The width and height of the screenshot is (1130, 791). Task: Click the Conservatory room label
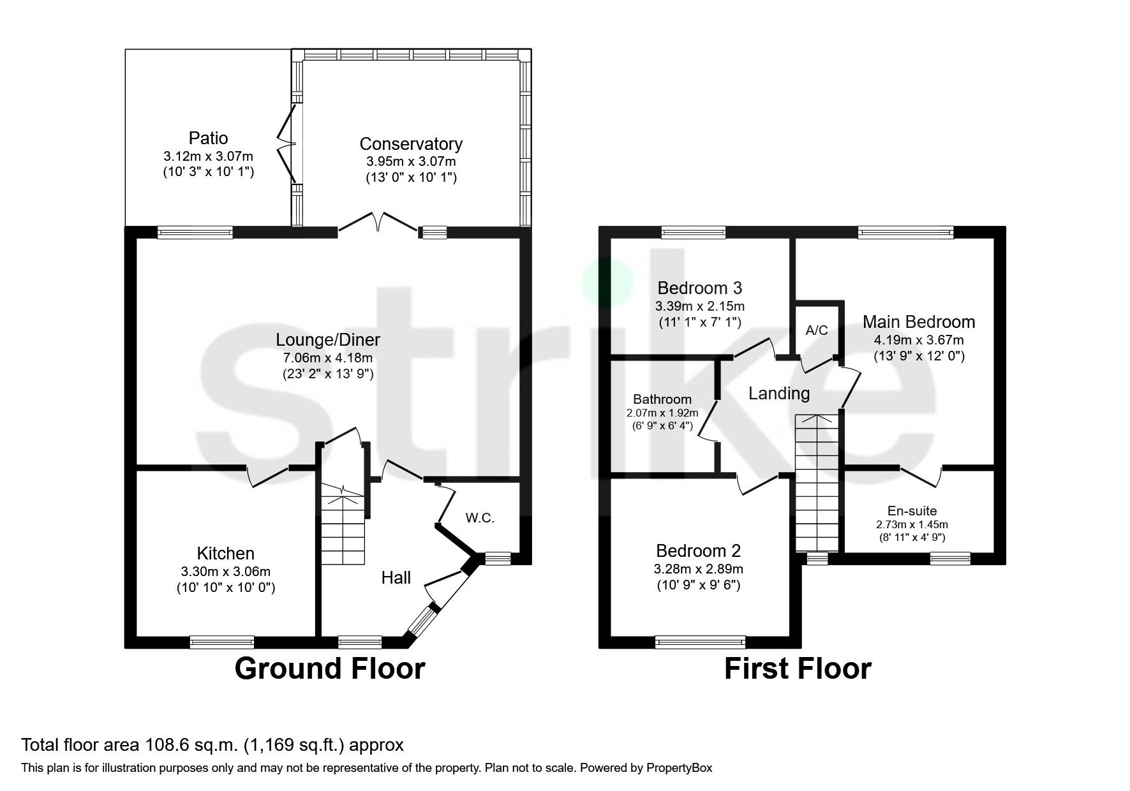tap(411, 144)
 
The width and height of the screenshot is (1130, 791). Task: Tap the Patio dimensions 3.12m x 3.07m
tap(209, 156)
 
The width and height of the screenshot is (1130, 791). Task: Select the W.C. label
tap(480, 519)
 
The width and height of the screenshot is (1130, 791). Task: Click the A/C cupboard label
tap(817, 330)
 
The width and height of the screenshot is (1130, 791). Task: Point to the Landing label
tap(778, 394)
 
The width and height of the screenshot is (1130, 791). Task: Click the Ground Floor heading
tap(330, 669)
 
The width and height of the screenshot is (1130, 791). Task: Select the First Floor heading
tap(798, 669)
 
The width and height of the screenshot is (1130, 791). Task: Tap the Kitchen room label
tap(225, 554)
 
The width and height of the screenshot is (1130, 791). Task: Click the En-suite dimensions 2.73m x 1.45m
tap(912, 525)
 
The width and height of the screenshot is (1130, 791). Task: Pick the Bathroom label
tap(662, 400)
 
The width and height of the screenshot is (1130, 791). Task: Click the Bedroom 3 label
tap(699, 288)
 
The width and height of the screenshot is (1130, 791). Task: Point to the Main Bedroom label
tap(919, 322)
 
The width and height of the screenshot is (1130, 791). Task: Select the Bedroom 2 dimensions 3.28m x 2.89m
tap(699, 569)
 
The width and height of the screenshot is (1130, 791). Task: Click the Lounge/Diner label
tap(328, 340)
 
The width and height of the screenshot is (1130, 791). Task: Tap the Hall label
tap(396, 579)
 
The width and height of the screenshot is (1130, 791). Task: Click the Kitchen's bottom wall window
tap(222, 642)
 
